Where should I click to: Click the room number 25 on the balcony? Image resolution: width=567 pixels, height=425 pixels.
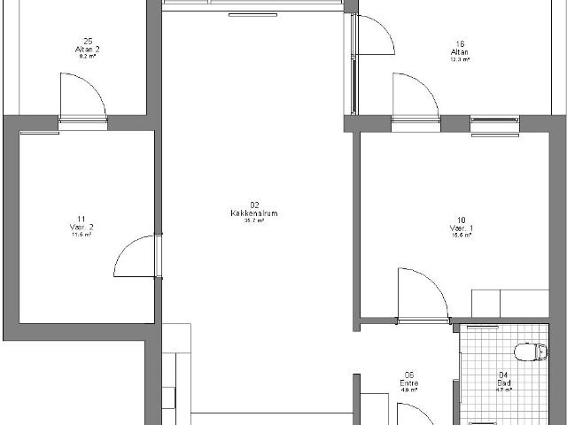(x=88, y=41)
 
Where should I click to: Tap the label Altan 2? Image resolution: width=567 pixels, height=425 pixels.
(x=88, y=49)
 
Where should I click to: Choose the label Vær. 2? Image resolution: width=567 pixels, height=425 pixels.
(x=81, y=228)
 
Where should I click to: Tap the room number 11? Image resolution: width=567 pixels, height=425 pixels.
(x=81, y=220)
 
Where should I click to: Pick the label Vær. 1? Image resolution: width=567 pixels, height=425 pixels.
(x=461, y=228)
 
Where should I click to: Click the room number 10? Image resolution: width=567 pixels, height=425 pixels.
(x=461, y=220)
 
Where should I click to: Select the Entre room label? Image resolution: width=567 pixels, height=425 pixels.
(x=409, y=382)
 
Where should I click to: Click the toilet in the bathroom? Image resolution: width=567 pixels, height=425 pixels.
(x=530, y=352)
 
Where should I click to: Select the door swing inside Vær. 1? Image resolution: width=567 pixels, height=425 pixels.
(x=421, y=292)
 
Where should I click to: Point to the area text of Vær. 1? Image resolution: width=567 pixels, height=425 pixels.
(x=461, y=236)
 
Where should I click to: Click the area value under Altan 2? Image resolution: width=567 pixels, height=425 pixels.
(x=88, y=56)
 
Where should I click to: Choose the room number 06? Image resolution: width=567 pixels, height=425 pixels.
(x=409, y=375)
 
